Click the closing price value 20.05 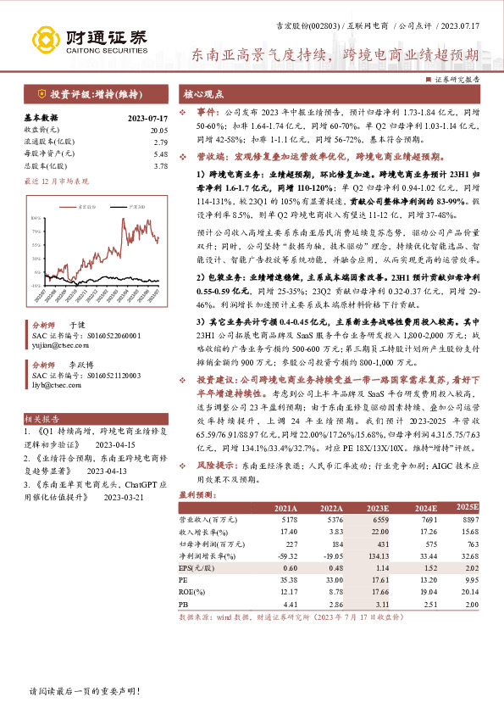click(158, 130)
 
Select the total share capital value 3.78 click(160, 166)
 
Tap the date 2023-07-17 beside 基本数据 click(148, 118)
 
